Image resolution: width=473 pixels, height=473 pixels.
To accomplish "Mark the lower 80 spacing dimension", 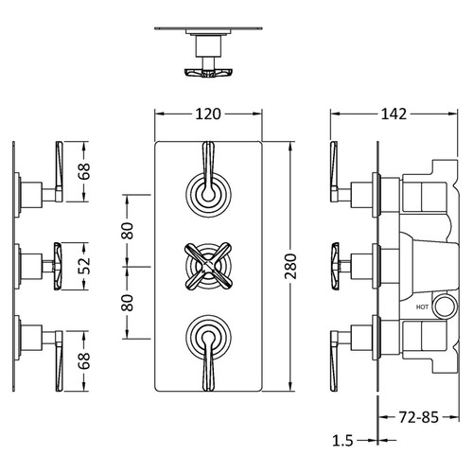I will tap(127, 303).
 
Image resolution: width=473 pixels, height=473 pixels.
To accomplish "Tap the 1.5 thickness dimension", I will tap(343, 440).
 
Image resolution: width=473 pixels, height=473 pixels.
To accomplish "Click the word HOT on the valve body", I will tap(421, 307).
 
